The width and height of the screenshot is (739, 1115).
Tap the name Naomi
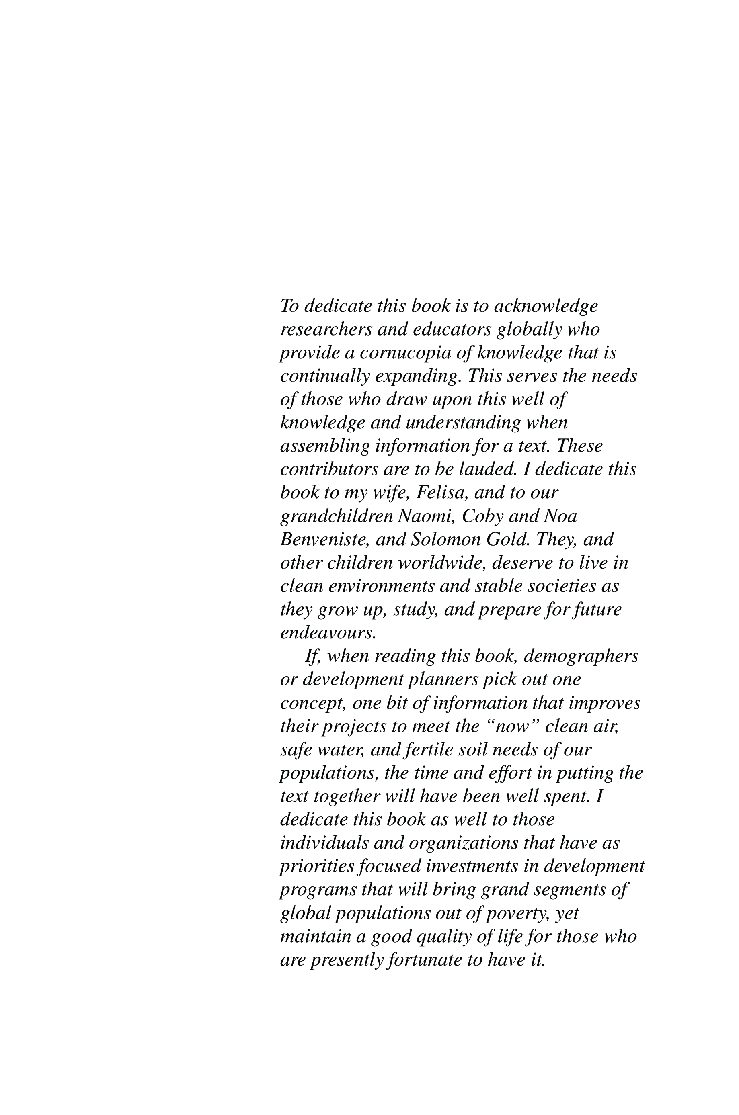pos(427,516)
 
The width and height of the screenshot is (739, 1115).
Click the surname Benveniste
pos(325,539)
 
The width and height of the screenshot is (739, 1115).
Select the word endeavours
pos(328,633)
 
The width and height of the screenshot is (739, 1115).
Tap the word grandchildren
pos(337,516)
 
